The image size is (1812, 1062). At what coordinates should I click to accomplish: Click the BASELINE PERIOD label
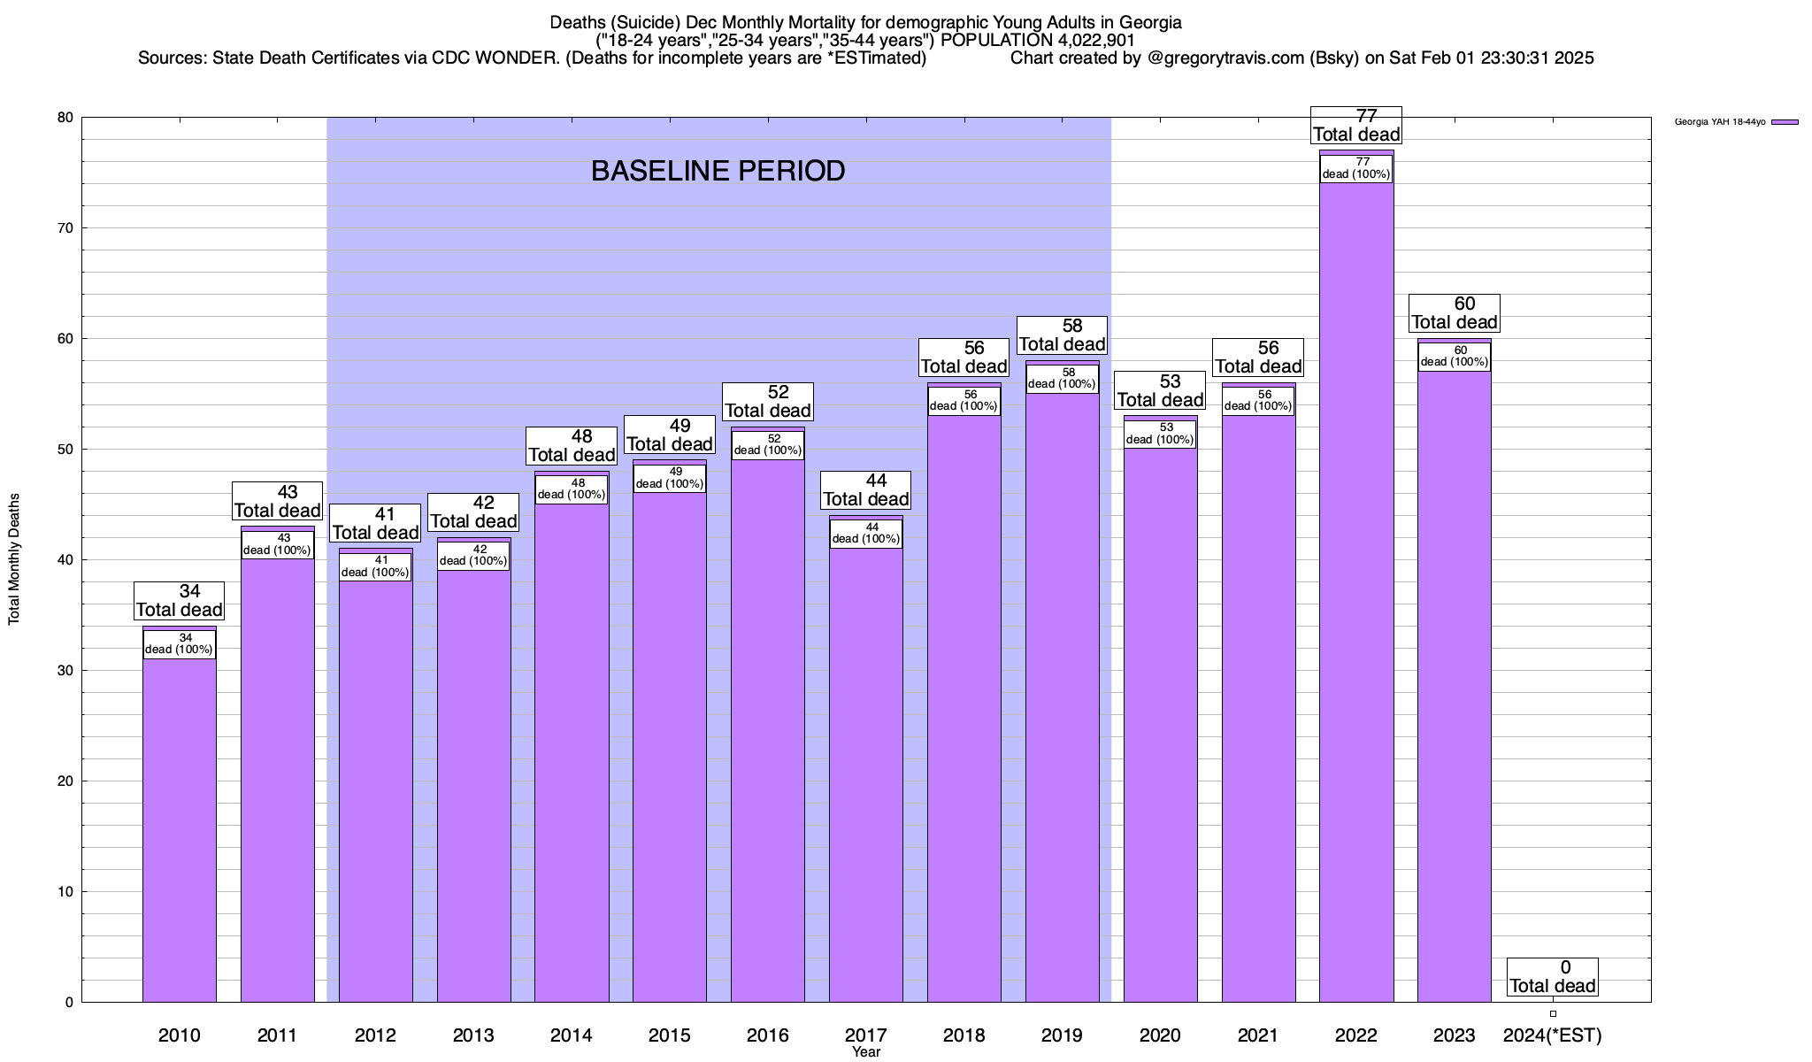coord(718,171)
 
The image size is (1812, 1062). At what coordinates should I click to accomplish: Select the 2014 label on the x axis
coord(572,1035)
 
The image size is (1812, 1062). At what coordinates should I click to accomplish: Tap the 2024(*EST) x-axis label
coord(1553,1035)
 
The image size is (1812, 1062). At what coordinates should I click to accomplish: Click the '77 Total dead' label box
coord(1356,126)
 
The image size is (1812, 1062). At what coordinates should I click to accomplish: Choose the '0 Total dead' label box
coord(1553,977)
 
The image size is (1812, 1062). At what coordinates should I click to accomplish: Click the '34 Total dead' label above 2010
coord(180,601)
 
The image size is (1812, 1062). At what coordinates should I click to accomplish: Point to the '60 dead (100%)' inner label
coord(1455,356)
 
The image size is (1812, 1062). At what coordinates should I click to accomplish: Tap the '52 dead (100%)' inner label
coord(768,444)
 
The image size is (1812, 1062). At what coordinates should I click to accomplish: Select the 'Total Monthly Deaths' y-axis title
coord(14,559)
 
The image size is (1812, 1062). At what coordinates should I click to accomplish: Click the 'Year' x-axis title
coord(866,1052)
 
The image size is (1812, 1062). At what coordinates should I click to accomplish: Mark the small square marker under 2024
coord(1553,1014)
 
